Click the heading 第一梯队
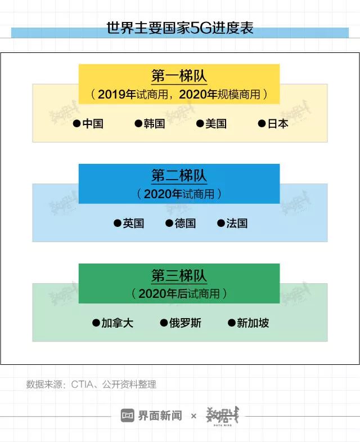[x=179, y=76]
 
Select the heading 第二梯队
[x=179, y=176]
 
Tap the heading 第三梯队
[x=179, y=276]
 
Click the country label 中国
[x=93, y=124]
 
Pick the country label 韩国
[x=155, y=124]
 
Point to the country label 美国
[x=216, y=124]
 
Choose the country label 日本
[x=278, y=124]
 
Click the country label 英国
[x=134, y=224]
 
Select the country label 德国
[x=185, y=224]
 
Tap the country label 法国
[x=237, y=224]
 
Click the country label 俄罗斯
[x=185, y=323]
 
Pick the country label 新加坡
[x=253, y=323]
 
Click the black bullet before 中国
[x=76, y=124]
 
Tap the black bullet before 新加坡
[x=231, y=323]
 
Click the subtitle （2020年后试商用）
[x=179, y=293]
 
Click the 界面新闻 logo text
[x=160, y=416]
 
